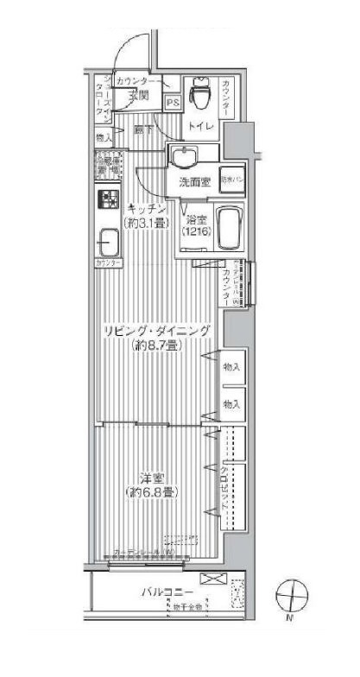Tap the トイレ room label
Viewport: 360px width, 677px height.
(x=201, y=125)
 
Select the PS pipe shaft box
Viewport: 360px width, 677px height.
(x=172, y=102)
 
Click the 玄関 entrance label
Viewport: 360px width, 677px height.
(x=141, y=95)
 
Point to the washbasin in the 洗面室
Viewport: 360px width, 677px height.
(x=186, y=157)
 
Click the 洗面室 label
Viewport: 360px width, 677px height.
(x=195, y=182)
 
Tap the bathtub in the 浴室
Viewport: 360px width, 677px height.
(x=229, y=228)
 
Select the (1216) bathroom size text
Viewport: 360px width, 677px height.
(x=194, y=233)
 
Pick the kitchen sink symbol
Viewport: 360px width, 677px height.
(x=109, y=240)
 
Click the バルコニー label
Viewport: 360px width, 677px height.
(x=167, y=592)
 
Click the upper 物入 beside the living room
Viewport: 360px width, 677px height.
(x=230, y=367)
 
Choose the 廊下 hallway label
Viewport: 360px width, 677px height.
(x=143, y=130)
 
